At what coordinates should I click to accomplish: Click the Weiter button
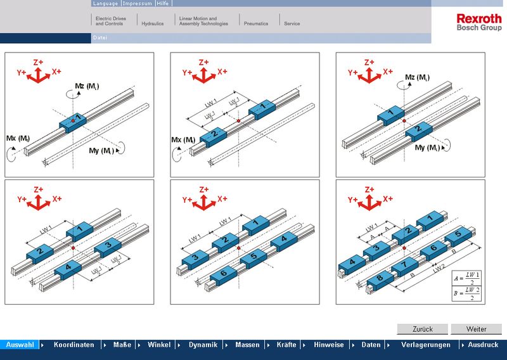point(476,329)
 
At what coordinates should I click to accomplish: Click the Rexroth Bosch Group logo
point(478,23)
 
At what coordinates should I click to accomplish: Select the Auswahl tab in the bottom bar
point(20,345)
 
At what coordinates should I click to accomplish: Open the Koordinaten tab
point(74,345)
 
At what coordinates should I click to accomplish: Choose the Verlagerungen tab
point(425,345)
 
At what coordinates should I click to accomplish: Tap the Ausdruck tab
point(483,345)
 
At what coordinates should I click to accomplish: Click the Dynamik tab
point(203,345)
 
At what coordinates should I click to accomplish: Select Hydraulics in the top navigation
point(152,23)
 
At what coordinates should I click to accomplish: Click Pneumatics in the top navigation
point(256,23)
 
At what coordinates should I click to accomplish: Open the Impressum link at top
point(138,3)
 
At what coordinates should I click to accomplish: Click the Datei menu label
point(100,38)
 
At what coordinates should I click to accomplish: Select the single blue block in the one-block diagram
point(74,118)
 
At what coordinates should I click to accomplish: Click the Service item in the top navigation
point(292,23)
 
